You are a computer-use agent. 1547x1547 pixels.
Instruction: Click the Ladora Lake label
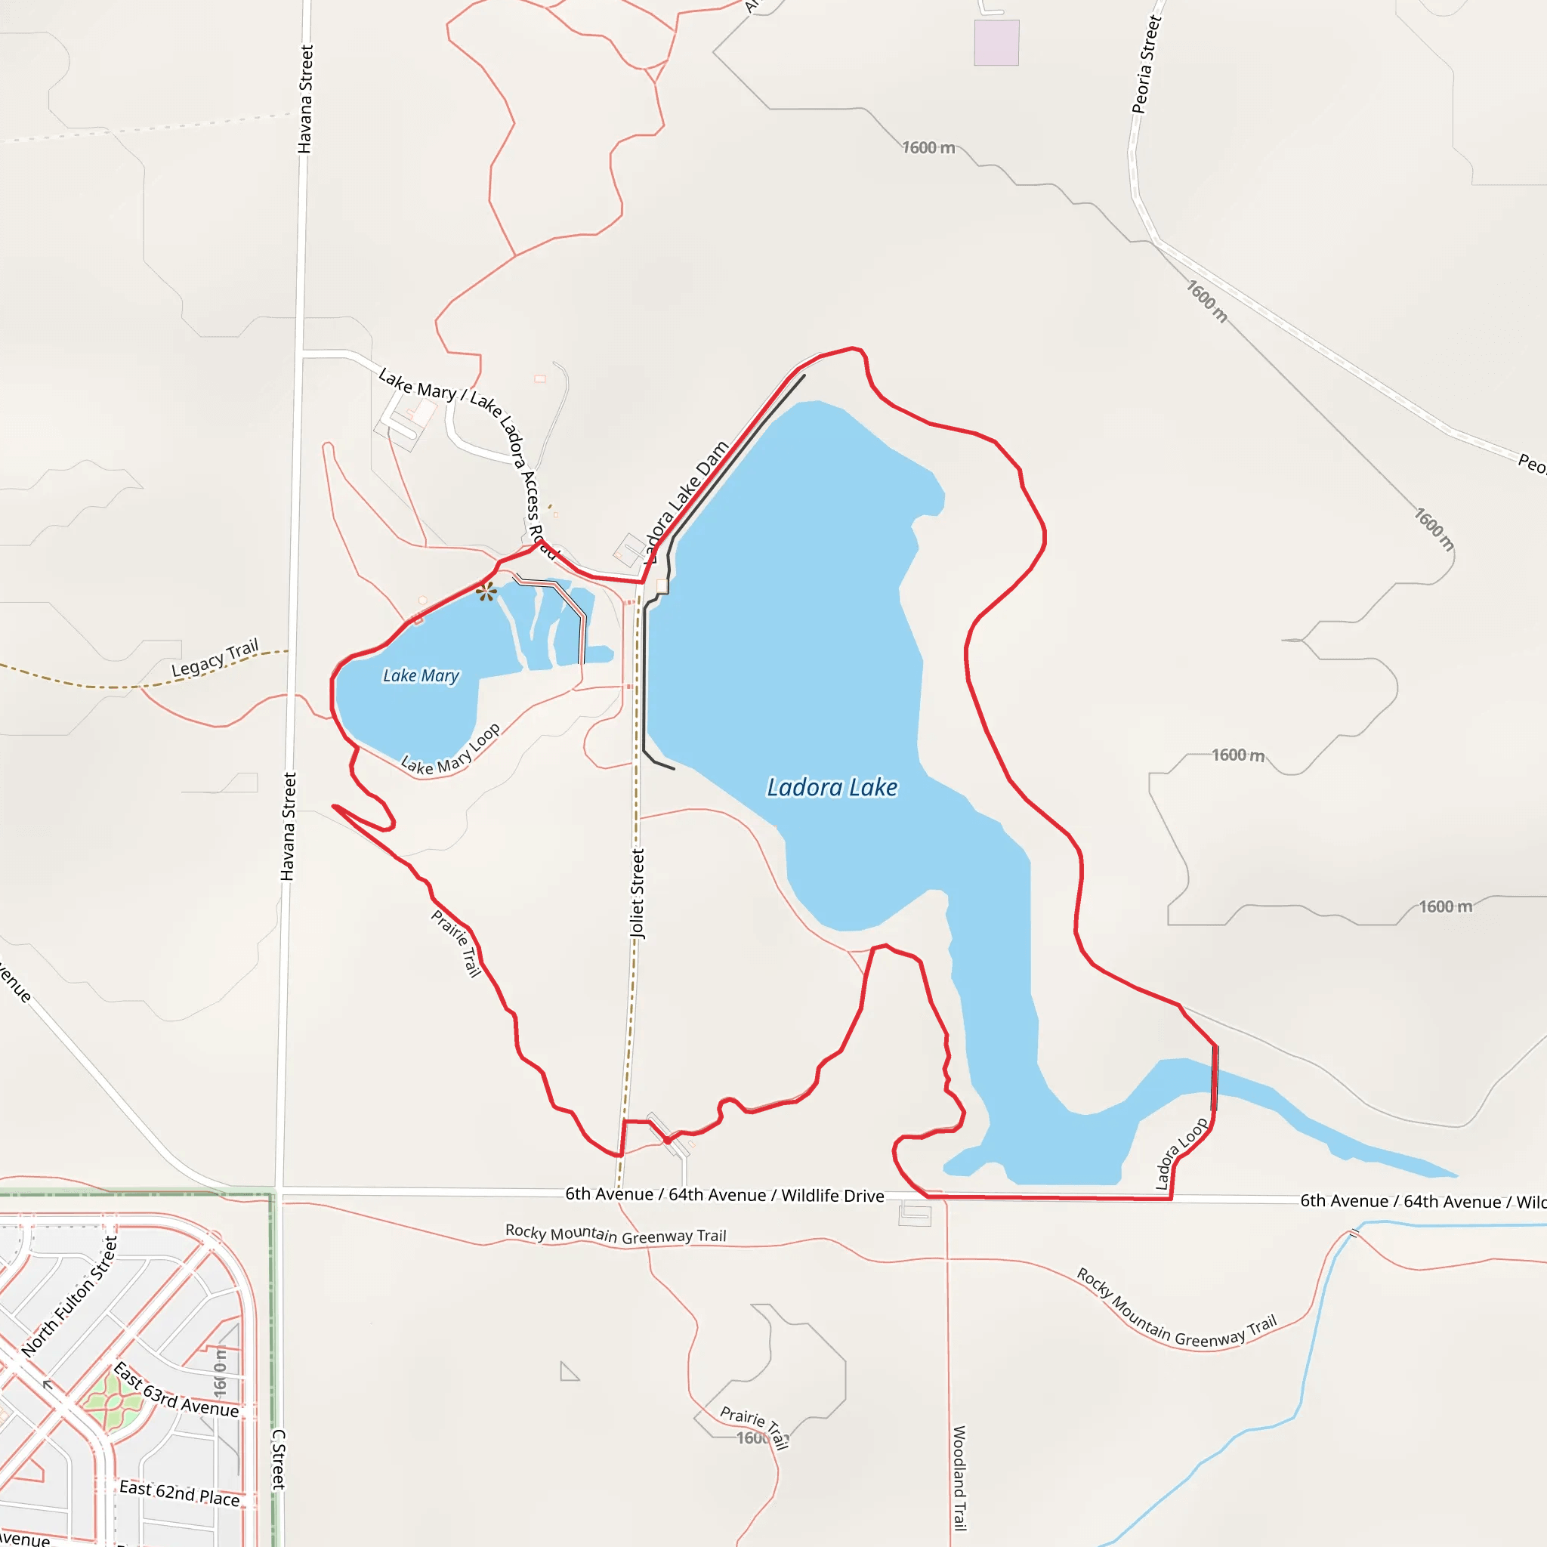[x=832, y=787]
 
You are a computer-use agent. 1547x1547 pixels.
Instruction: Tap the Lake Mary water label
[x=421, y=676]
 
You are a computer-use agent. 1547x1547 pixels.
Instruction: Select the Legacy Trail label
[x=215, y=657]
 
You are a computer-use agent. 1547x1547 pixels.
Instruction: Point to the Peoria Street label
[x=1146, y=65]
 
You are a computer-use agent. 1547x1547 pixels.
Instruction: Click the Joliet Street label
[x=638, y=893]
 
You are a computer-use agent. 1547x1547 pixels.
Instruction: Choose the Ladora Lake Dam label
[x=685, y=502]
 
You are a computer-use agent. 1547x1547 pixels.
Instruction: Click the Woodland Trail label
[x=959, y=1478]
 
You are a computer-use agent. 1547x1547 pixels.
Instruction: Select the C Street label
[x=279, y=1459]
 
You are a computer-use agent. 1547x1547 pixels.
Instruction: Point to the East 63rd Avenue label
[x=176, y=1390]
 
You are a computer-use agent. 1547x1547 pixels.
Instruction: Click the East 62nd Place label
[x=179, y=1493]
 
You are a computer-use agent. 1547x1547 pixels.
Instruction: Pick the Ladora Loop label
[x=1181, y=1154]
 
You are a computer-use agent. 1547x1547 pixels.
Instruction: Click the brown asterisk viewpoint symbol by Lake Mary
[x=486, y=592]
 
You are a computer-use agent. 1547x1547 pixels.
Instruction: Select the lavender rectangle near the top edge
[x=996, y=42]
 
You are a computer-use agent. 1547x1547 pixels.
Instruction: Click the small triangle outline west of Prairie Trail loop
[x=568, y=1373]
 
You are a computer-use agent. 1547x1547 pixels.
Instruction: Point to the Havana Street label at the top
[x=305, y=98]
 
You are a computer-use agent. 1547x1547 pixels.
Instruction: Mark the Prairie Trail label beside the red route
[x=456, y=943]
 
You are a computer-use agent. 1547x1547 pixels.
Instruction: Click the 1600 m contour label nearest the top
[x=928, y=148]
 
